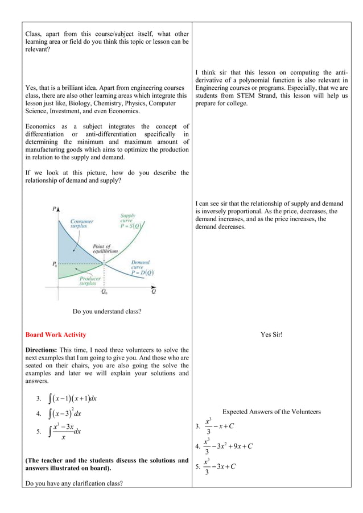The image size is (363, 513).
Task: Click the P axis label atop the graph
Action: tap(54, 209)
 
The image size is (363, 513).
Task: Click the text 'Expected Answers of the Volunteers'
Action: tap(271, 412)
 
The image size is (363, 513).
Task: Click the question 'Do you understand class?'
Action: tap(107, 311)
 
